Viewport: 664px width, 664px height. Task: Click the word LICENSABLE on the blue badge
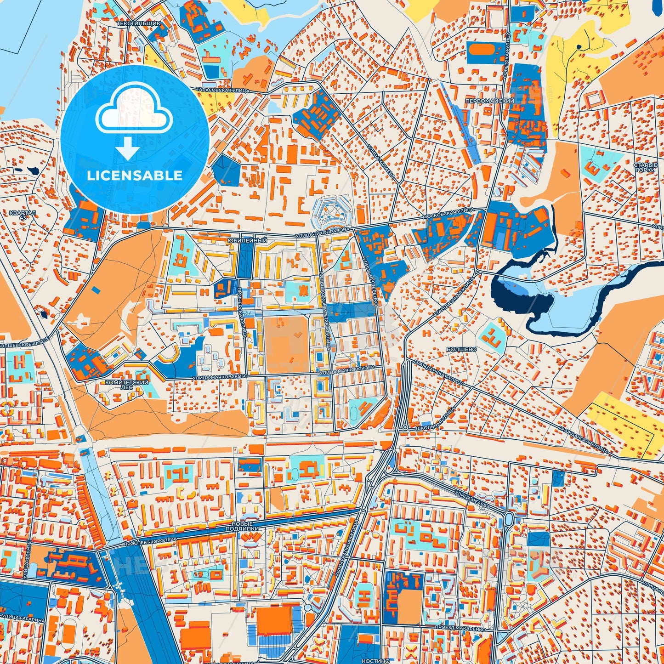pos(134,176)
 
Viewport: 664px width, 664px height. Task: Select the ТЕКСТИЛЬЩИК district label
pos(132,23)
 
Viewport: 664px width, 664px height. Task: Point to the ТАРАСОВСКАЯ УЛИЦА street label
pos(222,91)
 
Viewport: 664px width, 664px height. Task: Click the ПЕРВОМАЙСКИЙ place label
pos(489,101)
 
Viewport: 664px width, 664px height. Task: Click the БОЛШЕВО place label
pos(461,349)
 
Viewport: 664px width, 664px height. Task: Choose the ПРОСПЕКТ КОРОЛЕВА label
pos(150,540)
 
